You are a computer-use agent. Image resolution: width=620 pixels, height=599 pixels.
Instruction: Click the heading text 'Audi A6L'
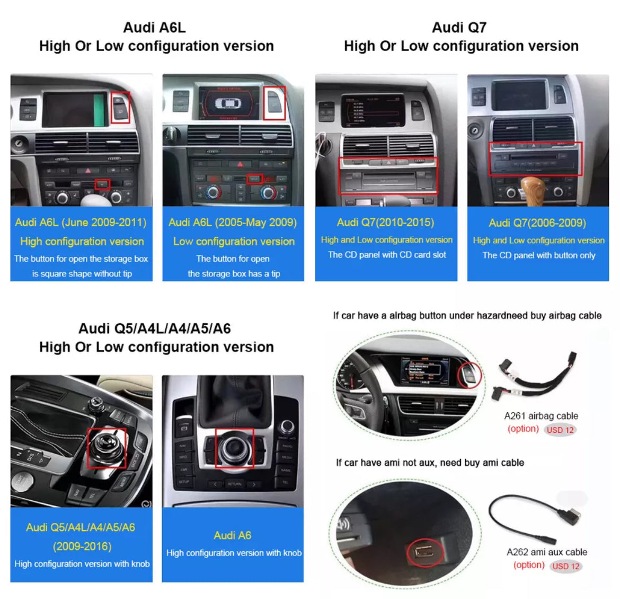(x=154, y=28)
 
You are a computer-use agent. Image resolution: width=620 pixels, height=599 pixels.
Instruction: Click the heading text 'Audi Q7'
(x=459, y=28)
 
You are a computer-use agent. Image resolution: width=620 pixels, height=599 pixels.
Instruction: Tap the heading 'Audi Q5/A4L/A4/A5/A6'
(x=155, y=328)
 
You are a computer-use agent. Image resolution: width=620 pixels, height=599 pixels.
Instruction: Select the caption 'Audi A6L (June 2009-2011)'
(x=81, y=222)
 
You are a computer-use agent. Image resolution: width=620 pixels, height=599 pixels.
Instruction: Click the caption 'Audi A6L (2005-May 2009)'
(x=233, y=222)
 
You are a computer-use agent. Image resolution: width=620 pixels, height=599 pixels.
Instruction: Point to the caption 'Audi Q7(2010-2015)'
(x=386, y=222)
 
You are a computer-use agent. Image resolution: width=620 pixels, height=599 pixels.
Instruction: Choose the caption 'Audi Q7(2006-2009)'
(x=537, y=223)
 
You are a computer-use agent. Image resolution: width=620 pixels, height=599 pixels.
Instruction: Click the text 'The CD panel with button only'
(x=538, y=255)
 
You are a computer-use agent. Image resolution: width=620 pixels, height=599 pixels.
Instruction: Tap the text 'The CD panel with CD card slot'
(x=387, y=255)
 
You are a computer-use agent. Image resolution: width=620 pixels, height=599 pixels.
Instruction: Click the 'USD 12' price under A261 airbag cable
(x=560, y=430)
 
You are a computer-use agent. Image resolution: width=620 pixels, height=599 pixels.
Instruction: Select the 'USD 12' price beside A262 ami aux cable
(x=566, y=566)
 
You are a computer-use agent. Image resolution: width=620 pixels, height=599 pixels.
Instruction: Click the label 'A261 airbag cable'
(x=541, y=416)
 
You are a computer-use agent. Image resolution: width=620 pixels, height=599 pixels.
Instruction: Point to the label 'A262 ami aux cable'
(x=547, y=552)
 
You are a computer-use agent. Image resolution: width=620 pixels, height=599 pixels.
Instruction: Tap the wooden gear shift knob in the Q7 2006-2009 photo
(x=533, y=190)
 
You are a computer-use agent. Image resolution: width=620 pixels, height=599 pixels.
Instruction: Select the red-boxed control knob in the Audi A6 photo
(x=234, y=448)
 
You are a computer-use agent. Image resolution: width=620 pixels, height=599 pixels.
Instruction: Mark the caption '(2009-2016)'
(x=82, y=546)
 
